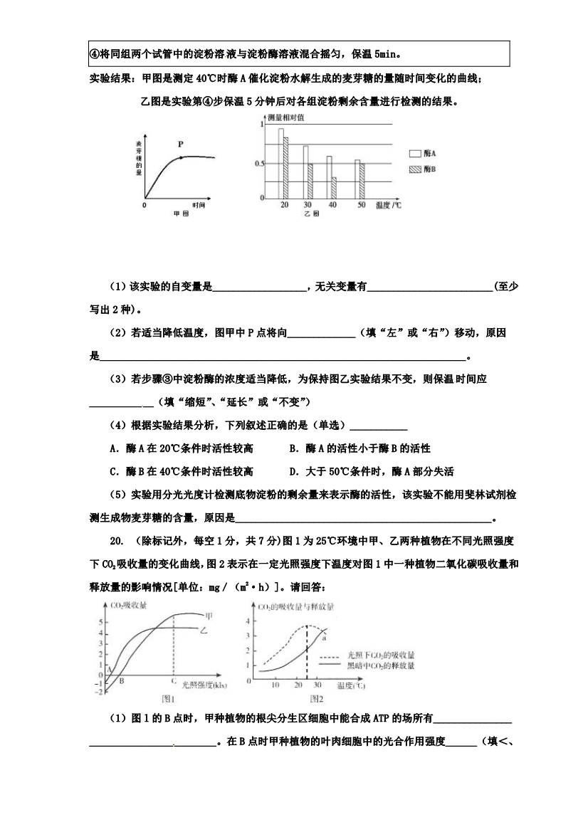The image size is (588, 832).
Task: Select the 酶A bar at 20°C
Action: pos(280,163)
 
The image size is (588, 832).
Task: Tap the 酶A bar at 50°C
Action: pos(357,179)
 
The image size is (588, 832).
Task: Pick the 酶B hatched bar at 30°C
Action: pos(310,181)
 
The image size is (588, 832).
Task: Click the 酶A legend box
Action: pos(414,153)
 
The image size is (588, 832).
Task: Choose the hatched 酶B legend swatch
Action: pos(414,169)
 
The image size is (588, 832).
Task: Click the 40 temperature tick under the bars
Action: pos(332,205)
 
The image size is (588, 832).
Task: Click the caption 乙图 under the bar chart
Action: pos(311,213)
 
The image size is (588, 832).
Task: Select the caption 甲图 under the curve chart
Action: pos(180,213)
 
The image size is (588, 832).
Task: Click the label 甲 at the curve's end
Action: pos(208,614)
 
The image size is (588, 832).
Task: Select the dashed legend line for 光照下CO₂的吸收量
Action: pos(329,655)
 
